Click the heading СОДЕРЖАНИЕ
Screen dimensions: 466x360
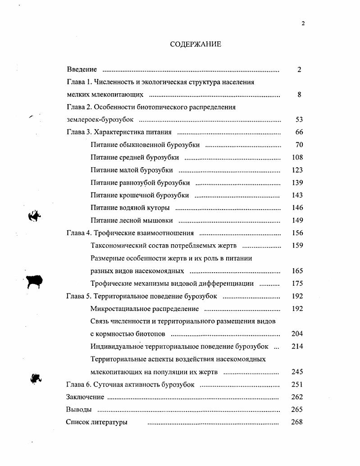point(196,45)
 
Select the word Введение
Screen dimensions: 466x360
point(82,69)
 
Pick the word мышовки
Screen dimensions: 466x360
point(160,221)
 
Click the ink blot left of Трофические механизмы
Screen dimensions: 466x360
point(35,281)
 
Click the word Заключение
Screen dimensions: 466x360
point(85,397)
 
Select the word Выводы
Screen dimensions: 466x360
point(79,410)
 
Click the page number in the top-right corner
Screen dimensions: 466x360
point(303,23)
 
